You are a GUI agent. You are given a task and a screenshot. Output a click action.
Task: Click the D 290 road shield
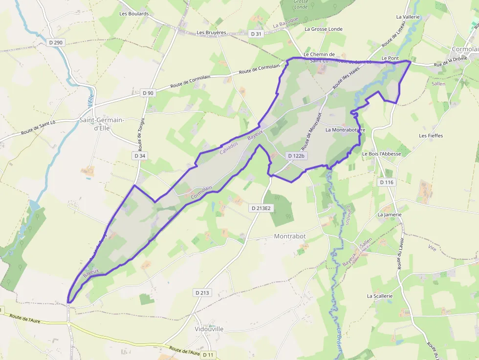tap(56, 42)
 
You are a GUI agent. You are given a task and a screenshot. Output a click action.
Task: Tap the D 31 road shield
tap(256, 34)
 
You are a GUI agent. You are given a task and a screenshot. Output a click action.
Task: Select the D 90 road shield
tap(148, 93)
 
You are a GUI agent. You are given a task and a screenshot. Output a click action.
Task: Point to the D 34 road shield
tap(139, 155)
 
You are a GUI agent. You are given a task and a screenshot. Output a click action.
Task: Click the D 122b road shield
tap(296, 156)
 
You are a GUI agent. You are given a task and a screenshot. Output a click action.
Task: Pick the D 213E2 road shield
tap(261, 208)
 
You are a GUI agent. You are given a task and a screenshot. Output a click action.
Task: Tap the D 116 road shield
tap(386, 182)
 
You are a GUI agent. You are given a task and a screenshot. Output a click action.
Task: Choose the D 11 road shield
tap(208, 354)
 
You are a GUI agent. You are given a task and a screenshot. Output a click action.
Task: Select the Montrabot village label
tap(290, 236)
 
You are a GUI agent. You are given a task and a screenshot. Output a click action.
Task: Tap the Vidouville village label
tap(209, 329)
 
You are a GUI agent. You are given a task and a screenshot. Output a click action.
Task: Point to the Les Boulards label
tap(134, 14)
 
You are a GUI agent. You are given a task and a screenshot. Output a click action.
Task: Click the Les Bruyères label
tap(211, 33)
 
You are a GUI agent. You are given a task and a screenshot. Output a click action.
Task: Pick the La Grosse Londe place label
tap(324, 29)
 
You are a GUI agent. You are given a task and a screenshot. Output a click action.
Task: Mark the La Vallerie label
tap(408, 17)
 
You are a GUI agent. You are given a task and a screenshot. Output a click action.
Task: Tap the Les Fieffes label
tap(431, 135)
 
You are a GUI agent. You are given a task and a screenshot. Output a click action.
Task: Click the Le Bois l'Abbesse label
tap(381, 153)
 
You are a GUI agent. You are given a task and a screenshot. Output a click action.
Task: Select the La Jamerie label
tap(390, 214)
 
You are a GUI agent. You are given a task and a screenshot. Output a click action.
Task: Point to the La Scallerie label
tap(380, 296)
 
